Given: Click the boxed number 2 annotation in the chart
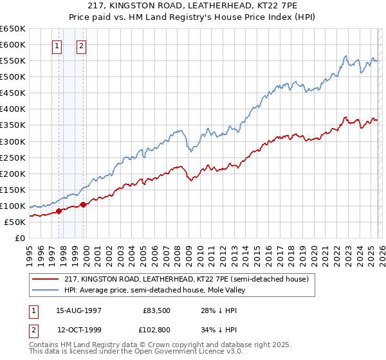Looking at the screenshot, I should click(82, 46).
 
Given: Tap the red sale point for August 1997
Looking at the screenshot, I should click(59, 211).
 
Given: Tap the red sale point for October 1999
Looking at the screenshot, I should click(83, 204).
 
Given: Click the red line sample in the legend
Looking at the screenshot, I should click(46, 280).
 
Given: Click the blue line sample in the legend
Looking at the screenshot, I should click(46, 290).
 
